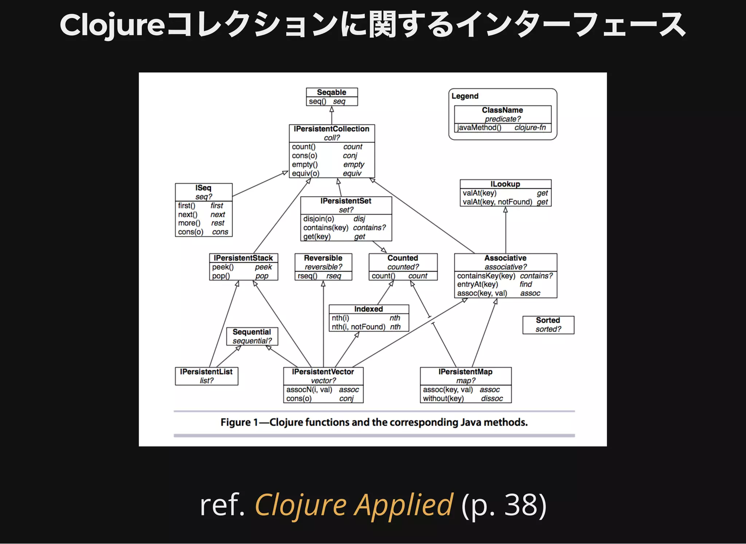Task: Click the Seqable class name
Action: pos(331,92)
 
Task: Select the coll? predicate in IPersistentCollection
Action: pos(332,138)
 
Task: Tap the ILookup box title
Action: pos(505,184)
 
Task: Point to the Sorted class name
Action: pos(547,320)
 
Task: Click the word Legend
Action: pos(465,96)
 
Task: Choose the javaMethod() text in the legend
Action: pos(479,128)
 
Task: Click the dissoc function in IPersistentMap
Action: pos(492,399)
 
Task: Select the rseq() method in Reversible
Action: pos(307,276)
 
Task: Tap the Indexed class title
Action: pos(368,309)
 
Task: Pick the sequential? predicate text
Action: pos(252,341)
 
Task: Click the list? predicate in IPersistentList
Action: pos(207,381)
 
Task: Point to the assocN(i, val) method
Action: pos(309,390)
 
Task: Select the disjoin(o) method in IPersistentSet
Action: pos(318,219)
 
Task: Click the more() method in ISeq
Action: pos(189,223)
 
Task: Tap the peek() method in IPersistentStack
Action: pos(223,267)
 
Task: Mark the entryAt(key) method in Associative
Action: pos(477,285)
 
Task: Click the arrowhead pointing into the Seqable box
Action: pos(331,109)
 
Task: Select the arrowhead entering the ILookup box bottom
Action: pos(505,210)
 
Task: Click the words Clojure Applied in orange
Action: pos(353,505)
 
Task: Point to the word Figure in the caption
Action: pos(235,422)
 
